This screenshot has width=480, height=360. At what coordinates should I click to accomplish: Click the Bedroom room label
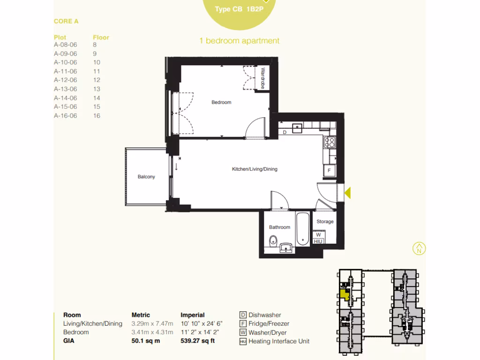click(221, 102)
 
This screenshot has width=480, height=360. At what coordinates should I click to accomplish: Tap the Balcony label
click(146, 177)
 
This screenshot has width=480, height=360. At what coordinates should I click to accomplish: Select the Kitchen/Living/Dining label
click(255, 169)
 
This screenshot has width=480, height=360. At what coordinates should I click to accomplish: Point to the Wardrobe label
click(263, 78)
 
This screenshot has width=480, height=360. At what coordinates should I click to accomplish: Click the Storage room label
click(325, 221)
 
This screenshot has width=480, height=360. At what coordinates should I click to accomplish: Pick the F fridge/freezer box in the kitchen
click(329, 171)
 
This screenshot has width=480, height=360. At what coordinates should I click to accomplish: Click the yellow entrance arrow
click(348, 192)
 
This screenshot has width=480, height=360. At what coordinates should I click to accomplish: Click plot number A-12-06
click(65, 80)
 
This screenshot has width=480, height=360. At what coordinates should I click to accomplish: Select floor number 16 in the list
click(97, 115)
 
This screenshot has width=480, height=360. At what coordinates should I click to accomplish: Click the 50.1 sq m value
click(146, 341)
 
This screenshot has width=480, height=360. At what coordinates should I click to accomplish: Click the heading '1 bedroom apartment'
click(239, 41)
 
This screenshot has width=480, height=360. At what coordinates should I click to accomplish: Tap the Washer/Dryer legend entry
click(267, 332)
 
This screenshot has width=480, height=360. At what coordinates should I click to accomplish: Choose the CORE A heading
click(66, 21)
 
